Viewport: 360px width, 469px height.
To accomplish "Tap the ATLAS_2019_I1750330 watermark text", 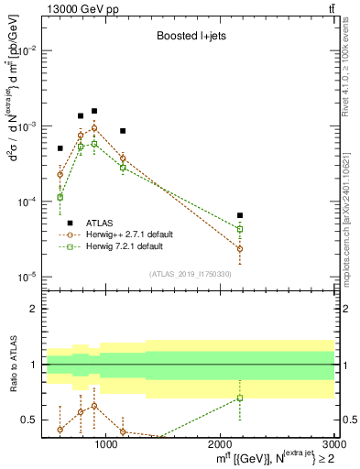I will (189, 274).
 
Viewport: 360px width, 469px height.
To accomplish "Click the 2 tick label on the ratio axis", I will (34, 310).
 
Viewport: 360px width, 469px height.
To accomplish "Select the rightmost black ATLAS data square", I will (240, 215).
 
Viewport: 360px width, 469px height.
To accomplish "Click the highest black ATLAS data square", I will (94, 111).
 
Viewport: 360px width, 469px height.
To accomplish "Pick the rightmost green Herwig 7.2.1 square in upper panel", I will (240, 229).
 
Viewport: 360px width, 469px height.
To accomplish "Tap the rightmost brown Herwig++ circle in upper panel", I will (240, 248).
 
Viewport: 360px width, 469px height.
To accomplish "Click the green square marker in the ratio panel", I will (240, 398).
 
